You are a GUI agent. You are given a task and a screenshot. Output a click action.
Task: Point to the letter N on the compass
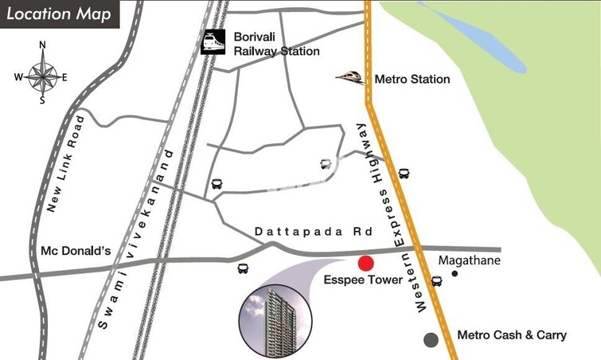42,45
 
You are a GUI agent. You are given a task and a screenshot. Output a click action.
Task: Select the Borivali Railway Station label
276,44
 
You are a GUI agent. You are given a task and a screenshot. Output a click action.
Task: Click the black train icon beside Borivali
213,41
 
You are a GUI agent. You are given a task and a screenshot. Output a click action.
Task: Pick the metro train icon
349,76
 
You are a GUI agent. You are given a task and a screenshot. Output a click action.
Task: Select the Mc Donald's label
76,251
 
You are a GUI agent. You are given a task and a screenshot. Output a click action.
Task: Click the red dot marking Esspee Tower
365,264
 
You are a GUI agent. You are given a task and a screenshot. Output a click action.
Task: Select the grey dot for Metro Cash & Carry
431,339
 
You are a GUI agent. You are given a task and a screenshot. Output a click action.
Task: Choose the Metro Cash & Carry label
512,335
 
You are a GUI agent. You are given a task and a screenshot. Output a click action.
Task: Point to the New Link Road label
65,163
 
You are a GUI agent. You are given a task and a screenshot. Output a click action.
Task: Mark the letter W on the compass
18,77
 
